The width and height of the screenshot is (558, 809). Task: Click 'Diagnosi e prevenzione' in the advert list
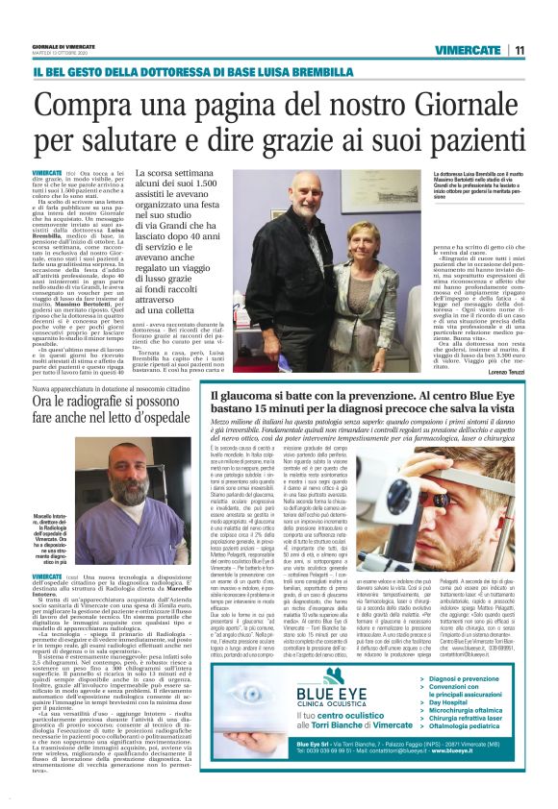point(469,678)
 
